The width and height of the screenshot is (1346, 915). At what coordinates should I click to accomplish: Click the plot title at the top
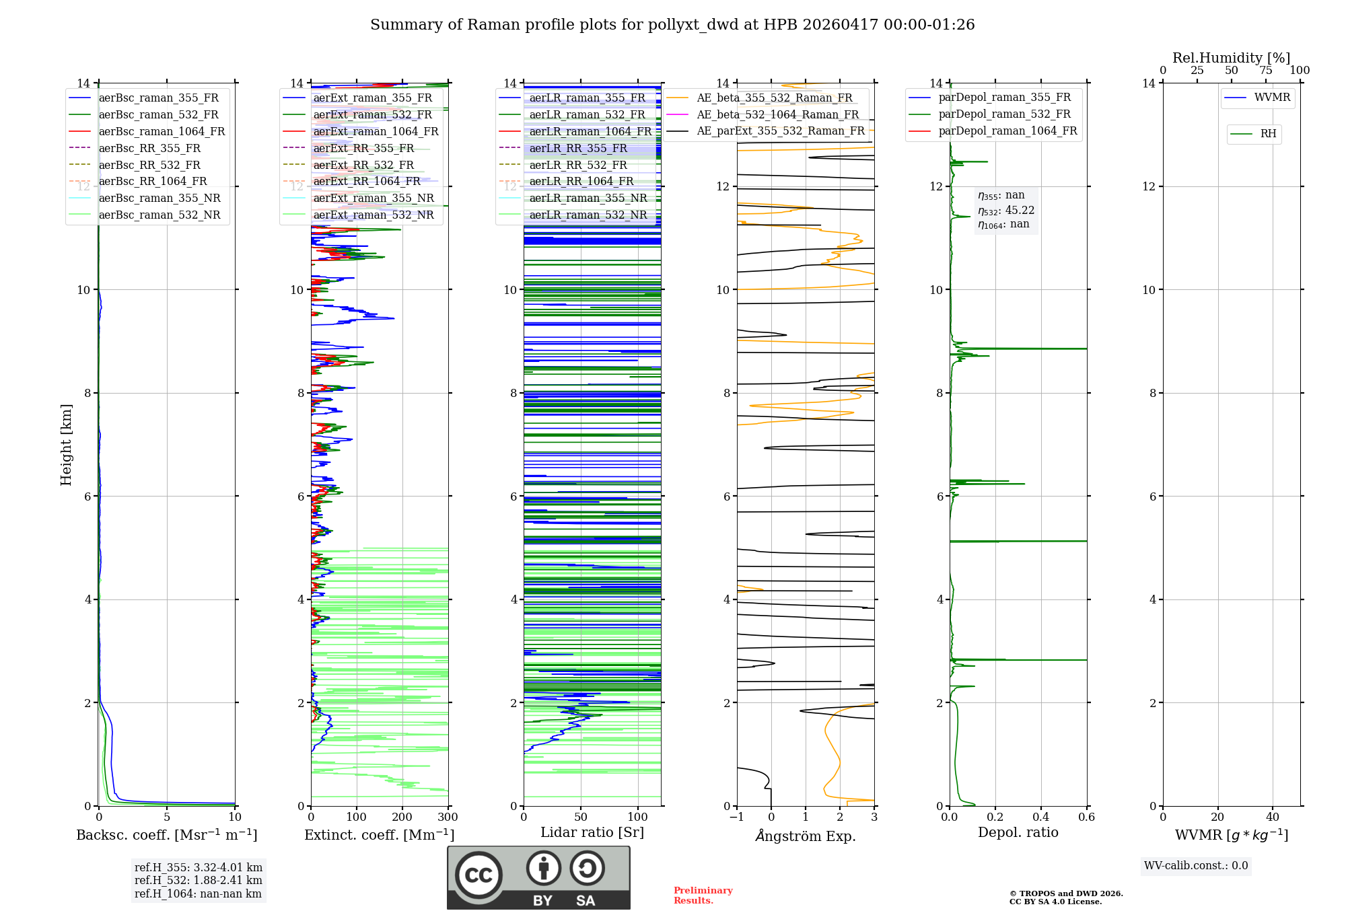point(672,25)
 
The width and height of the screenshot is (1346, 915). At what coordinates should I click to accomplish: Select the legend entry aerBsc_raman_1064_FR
point(162,131)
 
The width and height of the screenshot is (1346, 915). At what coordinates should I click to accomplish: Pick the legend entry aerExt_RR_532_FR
point(363,165)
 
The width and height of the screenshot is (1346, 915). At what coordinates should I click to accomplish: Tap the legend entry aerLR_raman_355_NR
point(588,198)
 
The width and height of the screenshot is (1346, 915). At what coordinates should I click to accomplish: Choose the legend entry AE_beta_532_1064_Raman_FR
point(777,114)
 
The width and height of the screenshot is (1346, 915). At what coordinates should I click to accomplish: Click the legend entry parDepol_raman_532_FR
point(1004,114)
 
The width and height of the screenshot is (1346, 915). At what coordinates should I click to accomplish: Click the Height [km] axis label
point(66,444)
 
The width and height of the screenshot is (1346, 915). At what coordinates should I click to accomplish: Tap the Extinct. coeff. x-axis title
point(380,835)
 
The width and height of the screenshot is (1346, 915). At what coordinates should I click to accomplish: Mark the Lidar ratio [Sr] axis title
point(592,832)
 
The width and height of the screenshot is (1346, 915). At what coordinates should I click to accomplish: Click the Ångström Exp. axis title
point(806,836)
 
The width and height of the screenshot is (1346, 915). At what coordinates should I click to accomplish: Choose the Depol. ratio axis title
point(1018,832)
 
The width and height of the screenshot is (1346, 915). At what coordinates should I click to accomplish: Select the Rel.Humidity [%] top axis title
point(1232,58)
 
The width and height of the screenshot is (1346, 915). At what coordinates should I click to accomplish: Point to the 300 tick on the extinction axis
point(448,817)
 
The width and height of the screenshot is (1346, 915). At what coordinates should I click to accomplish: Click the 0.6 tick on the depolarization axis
point(1087,817)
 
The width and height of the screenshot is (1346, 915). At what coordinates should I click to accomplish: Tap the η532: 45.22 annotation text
point(1006,211)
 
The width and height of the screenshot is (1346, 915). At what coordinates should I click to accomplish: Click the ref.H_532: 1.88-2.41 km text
point(199,880)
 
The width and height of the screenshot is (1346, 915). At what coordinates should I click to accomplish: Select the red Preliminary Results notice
point(703,895)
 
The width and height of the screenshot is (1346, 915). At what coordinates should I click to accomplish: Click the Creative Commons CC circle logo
point(479,875)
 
